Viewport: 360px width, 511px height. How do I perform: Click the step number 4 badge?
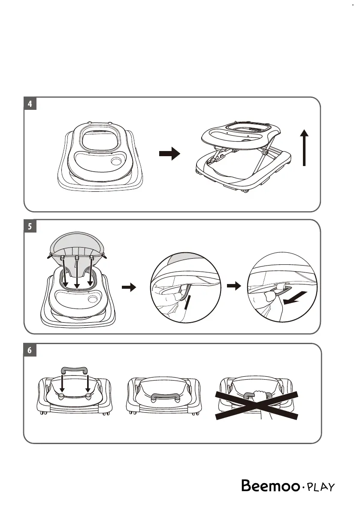pyautogui.click(x=30, y=104)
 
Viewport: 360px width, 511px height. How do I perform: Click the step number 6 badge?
pyautogui.click(x=30, y=350)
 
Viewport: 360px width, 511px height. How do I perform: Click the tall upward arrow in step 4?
pyautogui.click(x=304, y=148)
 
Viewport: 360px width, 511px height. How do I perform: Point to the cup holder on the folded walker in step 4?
pyautogui.click(x=116, y=162)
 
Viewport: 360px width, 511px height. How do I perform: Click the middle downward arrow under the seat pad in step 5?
pyautogui.click(x=76, y=272)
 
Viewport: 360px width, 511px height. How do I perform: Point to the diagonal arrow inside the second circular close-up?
pyautogui.click(x=296, y=297)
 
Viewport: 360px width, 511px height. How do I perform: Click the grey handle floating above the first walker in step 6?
pyautogui.click(x=75, y=370)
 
